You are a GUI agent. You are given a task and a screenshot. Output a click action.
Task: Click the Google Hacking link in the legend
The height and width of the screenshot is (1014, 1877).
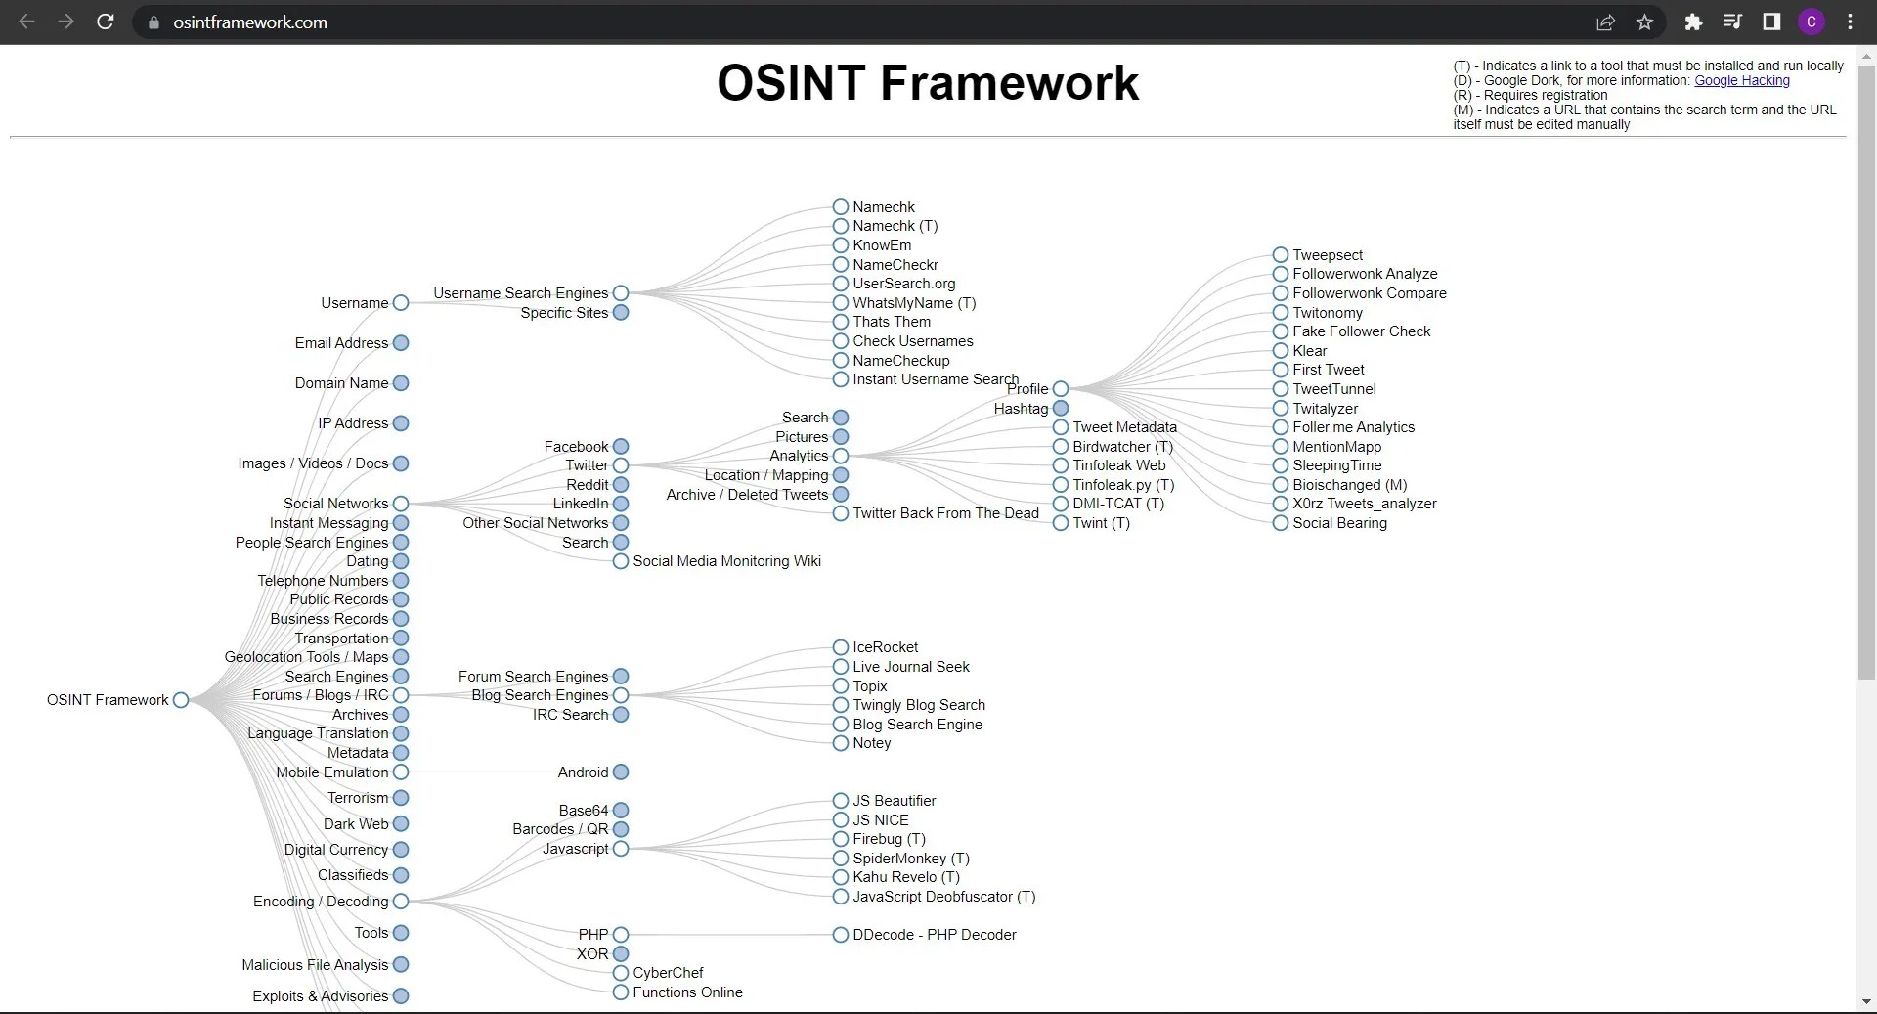point(1741,81)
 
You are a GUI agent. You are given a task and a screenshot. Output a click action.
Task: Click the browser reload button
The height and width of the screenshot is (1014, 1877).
point(106,22)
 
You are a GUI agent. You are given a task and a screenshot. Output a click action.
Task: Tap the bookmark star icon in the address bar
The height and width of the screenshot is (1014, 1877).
point(1644,22)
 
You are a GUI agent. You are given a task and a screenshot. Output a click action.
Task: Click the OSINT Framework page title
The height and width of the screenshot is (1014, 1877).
point(927,83)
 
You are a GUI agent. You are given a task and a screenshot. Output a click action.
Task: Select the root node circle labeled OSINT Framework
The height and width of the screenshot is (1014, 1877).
point(181,700)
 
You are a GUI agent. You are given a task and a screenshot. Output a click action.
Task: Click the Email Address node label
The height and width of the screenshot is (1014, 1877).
point(341,343)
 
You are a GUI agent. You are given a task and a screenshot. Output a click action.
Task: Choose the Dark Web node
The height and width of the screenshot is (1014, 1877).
point(357,824)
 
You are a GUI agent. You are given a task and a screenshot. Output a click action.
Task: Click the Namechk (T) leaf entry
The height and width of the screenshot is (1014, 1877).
point(894,226)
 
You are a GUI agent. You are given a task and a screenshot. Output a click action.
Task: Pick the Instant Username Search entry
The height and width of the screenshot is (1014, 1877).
point(934,379)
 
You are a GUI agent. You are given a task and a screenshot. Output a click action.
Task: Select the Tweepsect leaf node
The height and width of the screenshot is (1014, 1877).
point(1327,255)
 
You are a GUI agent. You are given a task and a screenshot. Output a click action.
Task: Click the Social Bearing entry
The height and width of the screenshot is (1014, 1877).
point(1338,523)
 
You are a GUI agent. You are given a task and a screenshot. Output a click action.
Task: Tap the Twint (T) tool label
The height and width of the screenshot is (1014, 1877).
point(1100,523)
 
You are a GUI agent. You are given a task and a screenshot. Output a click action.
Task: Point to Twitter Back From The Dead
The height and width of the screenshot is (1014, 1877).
point(944,513)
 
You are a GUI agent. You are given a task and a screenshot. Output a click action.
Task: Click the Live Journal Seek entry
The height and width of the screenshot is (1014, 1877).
point(910,667)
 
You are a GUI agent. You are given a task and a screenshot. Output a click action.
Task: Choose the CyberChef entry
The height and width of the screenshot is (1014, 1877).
point(667,973)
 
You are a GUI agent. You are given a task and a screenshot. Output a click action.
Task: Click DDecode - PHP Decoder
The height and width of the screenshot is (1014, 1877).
point(933,935)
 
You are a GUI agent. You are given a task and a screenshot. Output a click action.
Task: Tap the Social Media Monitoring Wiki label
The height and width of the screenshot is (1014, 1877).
point(725,561)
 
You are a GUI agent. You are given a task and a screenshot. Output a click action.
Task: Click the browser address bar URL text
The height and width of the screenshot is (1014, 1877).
point(250,22)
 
